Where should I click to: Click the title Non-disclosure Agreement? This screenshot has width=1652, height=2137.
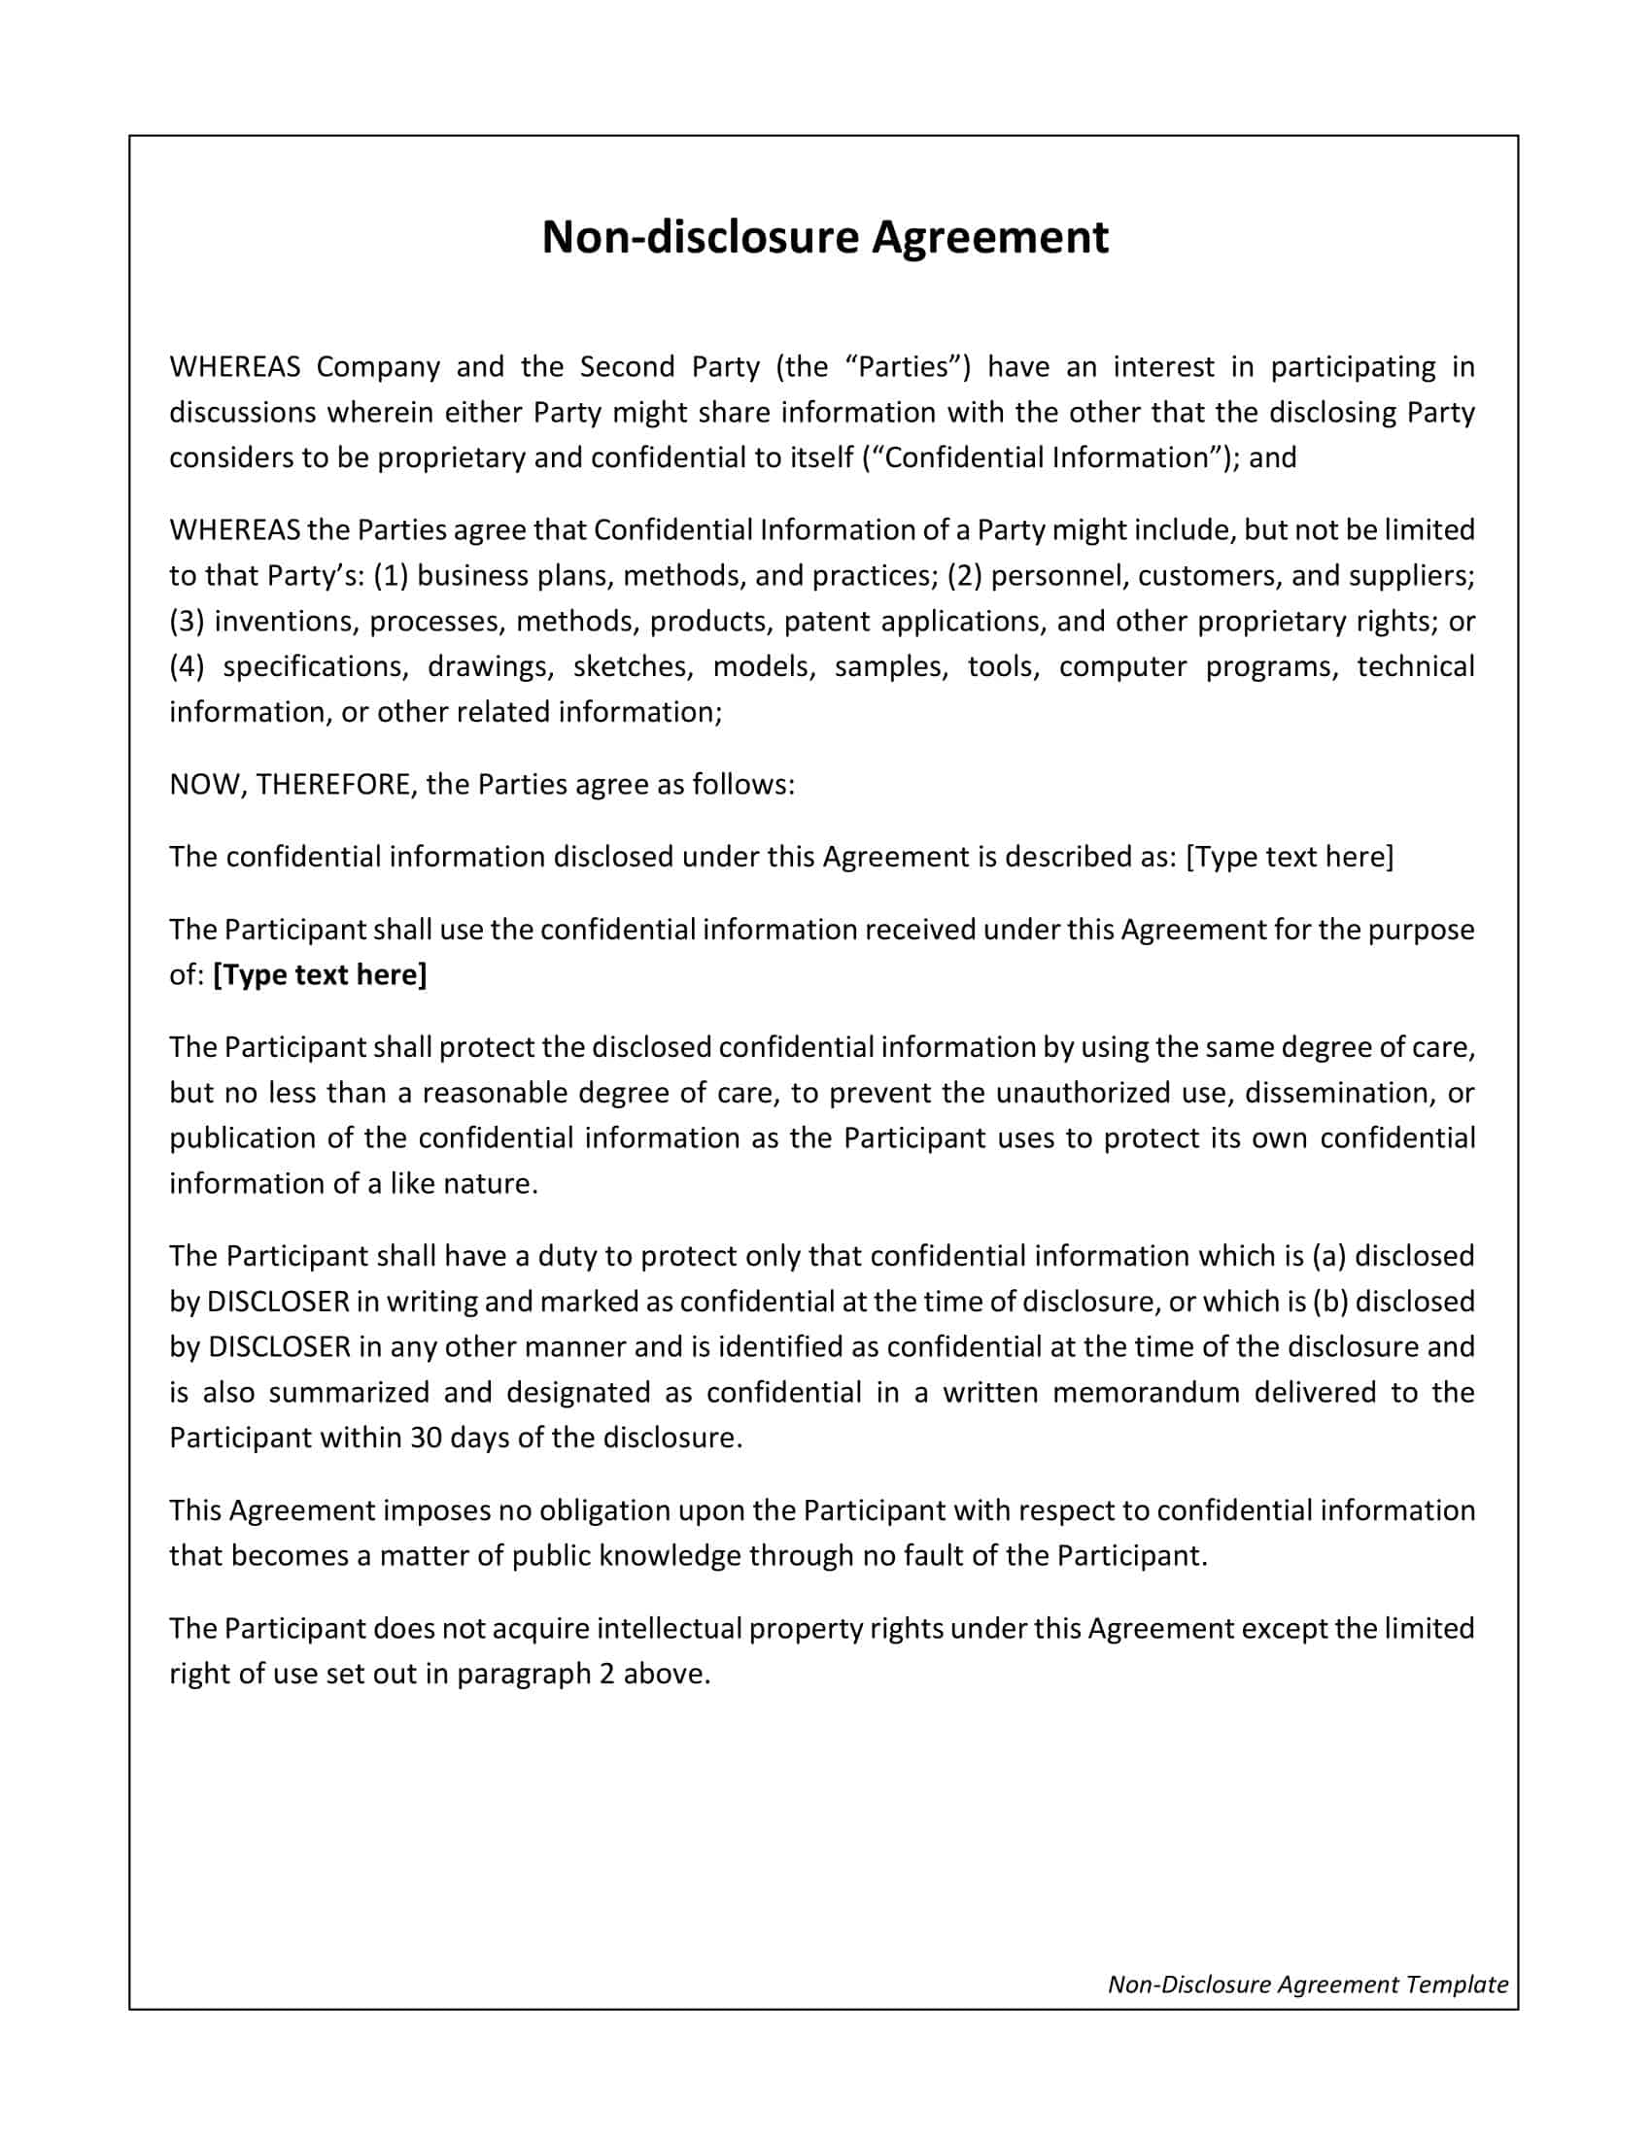tap(825, 238)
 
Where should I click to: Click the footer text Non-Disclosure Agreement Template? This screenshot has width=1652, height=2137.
tap(1307, 1984)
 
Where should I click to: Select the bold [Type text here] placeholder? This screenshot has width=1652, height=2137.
tap(320, 974)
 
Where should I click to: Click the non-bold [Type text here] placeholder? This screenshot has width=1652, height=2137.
tap(1289, 856)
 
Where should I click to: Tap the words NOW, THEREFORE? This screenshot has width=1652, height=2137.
tap(290, 784)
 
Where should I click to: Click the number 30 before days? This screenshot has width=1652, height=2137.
tap(427, 1438)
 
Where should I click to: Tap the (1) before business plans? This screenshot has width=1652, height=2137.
tap(391, 574)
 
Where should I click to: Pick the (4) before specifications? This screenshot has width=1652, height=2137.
tap(187, 666)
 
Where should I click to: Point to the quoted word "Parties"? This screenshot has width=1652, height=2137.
tap(903, 366)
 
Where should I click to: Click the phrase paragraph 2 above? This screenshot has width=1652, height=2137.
tap(583, 1674)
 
